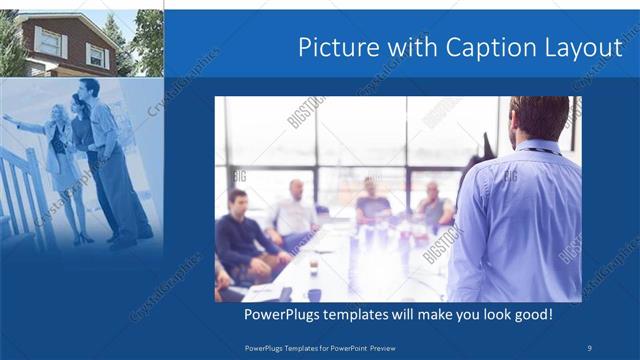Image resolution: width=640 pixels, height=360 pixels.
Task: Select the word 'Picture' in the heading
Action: [335, 48]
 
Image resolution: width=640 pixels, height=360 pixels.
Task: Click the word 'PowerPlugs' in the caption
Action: [283, 315]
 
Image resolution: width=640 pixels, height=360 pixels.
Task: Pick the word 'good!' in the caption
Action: [532, 315]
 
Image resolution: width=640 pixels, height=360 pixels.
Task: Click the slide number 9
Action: [590, 347]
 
